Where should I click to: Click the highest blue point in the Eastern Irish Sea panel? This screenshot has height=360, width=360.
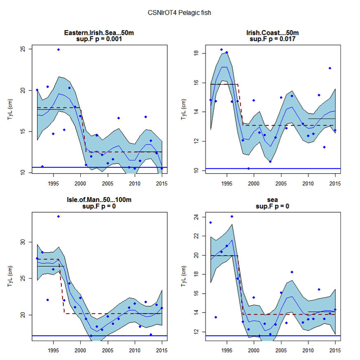(x=58, y=49)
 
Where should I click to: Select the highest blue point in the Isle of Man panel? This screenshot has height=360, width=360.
(x=58, y=216)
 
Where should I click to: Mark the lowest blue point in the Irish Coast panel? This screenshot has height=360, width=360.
(x=248, y=168)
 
